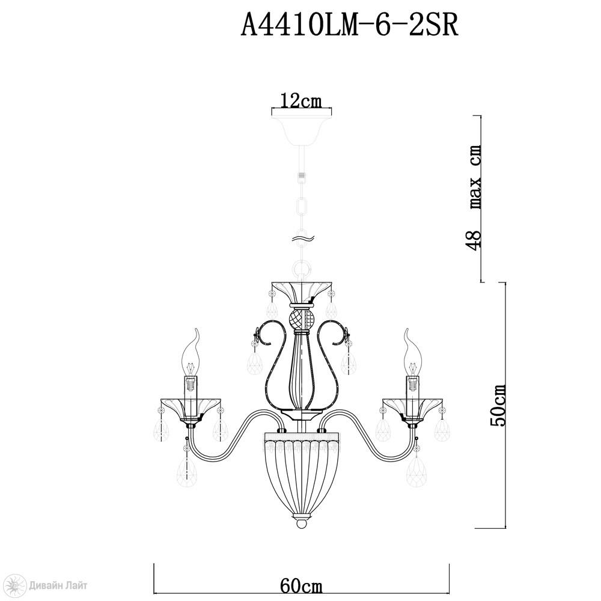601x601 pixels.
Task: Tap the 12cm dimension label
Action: click(x=301, y=101)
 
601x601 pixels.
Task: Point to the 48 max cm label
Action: click(x=475, y=198)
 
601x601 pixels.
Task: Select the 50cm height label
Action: click(x=499, y=405)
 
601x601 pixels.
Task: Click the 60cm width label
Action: click(x=301, y=587)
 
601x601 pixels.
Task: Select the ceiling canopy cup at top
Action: click(x=302, y=129)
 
